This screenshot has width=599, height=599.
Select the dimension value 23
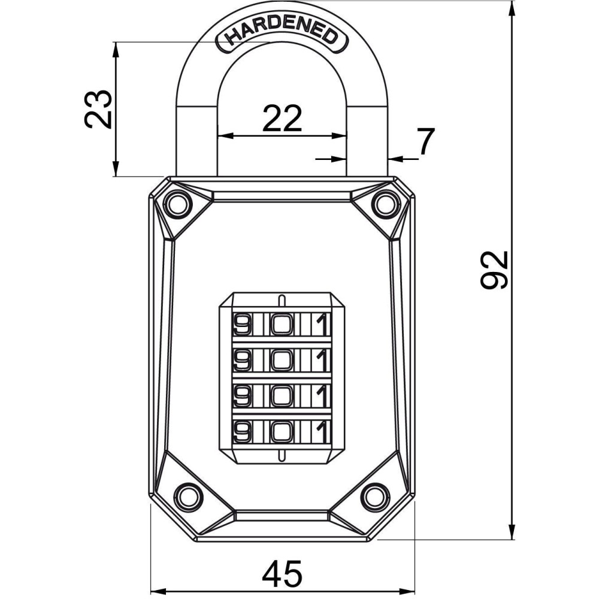[98, 109]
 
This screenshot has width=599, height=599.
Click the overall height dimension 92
[494, 270]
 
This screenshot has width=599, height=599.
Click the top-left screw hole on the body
[177, 204]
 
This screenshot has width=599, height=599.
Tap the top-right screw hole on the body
[385, 204]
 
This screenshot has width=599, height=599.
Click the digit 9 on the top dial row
[241, 324]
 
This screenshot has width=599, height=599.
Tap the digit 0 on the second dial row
[282, 360]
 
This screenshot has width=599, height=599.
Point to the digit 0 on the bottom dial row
[282, 432]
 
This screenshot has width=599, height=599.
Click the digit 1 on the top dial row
[323, 324]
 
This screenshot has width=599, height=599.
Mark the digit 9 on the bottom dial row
[241, 432]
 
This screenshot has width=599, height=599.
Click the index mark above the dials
[282, 300]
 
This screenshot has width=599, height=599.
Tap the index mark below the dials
[282, 455]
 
